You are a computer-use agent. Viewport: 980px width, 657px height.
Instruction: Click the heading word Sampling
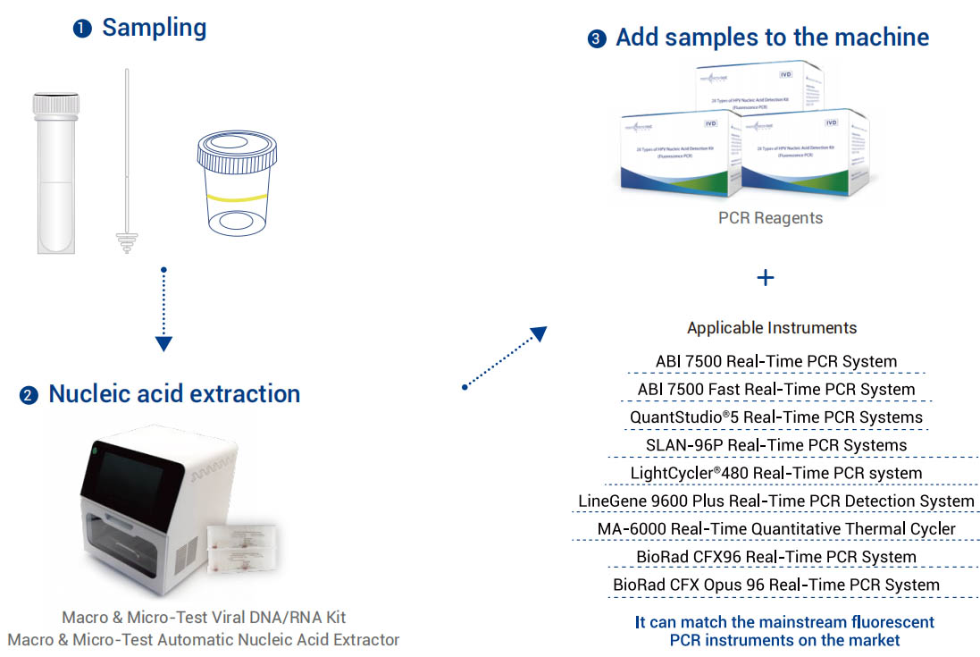pyautogui.click(x=154, y=28)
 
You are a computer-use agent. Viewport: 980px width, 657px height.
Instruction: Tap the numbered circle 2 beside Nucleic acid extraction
pyautogui.click(x=29, y=395)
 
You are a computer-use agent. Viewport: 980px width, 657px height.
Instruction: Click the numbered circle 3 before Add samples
pyautogui.click(x=597, y=39)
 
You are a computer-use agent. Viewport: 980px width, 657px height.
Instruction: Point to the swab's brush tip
pyautogui.click(x=127, y=242)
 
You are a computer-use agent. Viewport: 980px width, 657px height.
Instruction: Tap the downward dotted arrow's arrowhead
pyautogui.click(x=163, y=344)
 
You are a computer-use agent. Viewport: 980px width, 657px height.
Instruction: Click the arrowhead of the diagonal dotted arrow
pyautogui.click(x=538, y=333)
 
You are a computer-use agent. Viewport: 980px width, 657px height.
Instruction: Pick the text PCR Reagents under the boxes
pyautogui.click(x=770, y=217)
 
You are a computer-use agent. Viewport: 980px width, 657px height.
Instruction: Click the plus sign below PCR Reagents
pyautogui.click(x=765, y=278)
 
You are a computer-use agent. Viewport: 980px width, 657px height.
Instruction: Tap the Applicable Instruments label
pyautogui.click(x=772, y=327)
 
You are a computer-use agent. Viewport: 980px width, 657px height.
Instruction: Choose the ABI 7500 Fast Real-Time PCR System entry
pyautogui.click(x=776, y=390)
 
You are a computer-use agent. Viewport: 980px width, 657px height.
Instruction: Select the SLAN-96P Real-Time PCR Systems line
pyautogui.click(x=776, y=445)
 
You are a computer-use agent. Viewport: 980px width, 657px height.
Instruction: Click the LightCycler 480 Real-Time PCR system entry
pyautogui.click(x=776, y=473)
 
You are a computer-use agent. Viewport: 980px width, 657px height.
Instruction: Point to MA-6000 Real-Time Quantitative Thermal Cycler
pyautogui.click(x=776, y=529)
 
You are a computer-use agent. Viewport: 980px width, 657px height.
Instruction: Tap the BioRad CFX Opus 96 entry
pyautogui.click(x=776, y=585)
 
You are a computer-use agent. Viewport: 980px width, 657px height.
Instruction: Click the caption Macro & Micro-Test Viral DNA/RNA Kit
pyautogui.click(x=204, y=618)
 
